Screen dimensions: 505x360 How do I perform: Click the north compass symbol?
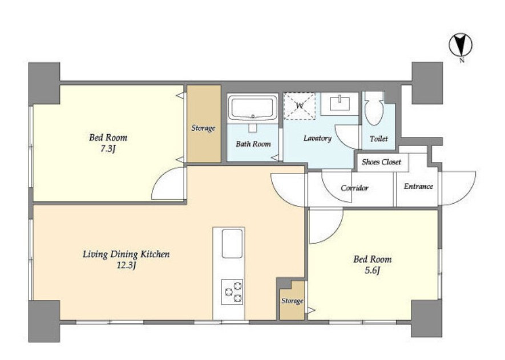coord(460,45)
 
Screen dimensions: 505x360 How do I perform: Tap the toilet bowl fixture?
coord(374,109)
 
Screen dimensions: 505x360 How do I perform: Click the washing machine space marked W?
coord(300,106)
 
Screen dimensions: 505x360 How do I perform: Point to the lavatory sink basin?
coord(340,104)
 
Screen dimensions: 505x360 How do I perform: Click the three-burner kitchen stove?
coord(232,292)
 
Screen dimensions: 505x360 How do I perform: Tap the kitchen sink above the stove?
coord(232,244)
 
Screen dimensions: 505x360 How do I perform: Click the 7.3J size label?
coord(108,149)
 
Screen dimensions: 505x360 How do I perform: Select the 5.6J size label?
coord(372,271)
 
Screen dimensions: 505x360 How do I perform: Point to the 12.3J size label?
coord(126,266)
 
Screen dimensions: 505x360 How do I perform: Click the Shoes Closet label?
coord(381,162)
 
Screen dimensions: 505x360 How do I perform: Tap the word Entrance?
coord(418,187)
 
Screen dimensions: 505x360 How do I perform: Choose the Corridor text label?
coord(354,188)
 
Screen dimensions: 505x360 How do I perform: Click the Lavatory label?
coord(317,139)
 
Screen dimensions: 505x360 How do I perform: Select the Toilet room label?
coord(379,139)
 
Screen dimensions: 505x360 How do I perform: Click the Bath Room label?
coord(253,144)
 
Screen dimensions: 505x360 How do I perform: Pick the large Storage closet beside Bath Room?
coord(204,124)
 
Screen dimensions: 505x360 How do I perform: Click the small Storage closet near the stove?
coord(292,301)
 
